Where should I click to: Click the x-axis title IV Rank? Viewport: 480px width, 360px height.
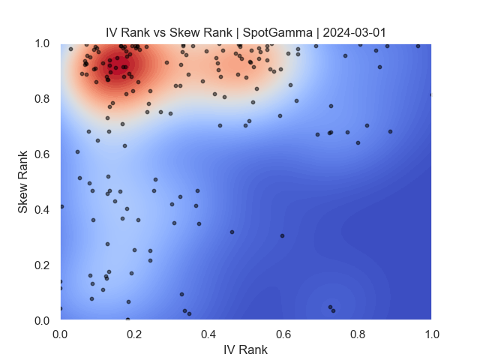(x=245, y=349)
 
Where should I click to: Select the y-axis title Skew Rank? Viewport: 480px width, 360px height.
(x=23, y=182)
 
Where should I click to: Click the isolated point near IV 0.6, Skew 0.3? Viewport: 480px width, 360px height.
(x=282, y=235)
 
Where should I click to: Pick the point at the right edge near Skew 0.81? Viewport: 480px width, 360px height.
(x=430, y=94)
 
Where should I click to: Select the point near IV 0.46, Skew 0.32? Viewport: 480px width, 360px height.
(x=232, y=232)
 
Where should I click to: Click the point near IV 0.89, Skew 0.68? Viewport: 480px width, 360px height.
(x=390, y=131)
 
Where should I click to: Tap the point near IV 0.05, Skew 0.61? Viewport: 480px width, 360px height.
(x=77, y=151)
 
